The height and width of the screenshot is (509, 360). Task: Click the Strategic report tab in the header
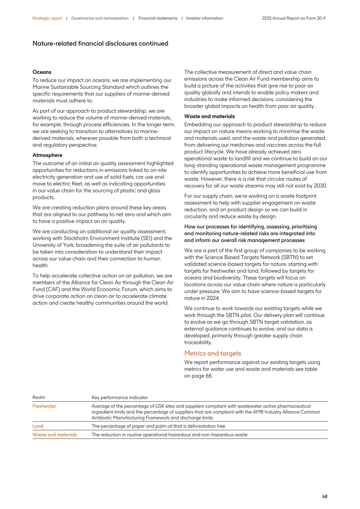click(x=47, y=18)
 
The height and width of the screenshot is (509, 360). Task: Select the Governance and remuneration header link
click(x=100, y=18)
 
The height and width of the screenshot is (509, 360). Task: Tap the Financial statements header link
click(x=158, y=18)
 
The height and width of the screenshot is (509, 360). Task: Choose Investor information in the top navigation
click(x=205, y=18)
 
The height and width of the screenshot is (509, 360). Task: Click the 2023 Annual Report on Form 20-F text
click(x=294, y=18)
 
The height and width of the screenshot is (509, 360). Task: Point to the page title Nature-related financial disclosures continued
click(x=100, y=44)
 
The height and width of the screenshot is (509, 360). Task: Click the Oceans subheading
click(x=42, y=72)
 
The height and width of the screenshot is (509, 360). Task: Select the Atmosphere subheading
click(x=47, y=155)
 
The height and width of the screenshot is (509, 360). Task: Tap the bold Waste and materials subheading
click(x=209, y=116)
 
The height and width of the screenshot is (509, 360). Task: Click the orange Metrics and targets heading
click(x=212, y=354)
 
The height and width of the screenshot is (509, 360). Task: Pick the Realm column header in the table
click(x=39, y=398)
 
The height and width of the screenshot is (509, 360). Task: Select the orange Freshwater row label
click(x=44, y=406)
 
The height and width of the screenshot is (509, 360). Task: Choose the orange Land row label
click(x=38, y=426)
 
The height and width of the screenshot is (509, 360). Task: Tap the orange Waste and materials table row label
click(x=54, y=434)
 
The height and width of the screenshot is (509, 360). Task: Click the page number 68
click(x=325, y=497)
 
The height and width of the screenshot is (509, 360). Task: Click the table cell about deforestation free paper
click(x=158, y=426)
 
